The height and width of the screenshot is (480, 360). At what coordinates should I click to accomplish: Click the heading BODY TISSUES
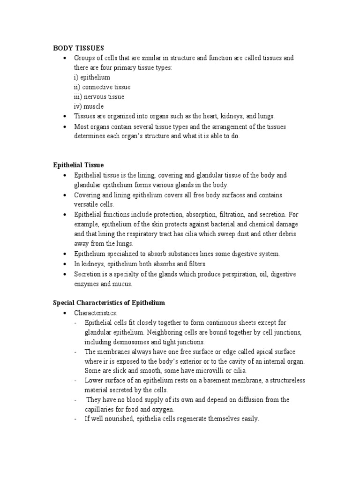pos(78,48)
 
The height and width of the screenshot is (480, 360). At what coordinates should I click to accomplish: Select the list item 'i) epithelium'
pos(92,77)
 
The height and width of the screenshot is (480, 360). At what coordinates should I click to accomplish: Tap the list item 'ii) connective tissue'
pos(102,87)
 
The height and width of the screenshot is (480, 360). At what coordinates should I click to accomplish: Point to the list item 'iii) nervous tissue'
pos(99,97)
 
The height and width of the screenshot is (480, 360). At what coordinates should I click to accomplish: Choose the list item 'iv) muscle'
pos(89,106)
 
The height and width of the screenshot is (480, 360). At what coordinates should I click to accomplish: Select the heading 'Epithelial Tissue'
pos(78,165)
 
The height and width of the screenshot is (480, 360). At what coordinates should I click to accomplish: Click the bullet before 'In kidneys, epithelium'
pos(65,264)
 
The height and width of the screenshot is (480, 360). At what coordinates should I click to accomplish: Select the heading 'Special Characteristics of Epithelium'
pos(109,303)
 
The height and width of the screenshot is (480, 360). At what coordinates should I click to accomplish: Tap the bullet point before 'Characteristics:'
pos(65,313)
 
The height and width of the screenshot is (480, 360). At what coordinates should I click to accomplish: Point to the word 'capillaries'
pos(101,409)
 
